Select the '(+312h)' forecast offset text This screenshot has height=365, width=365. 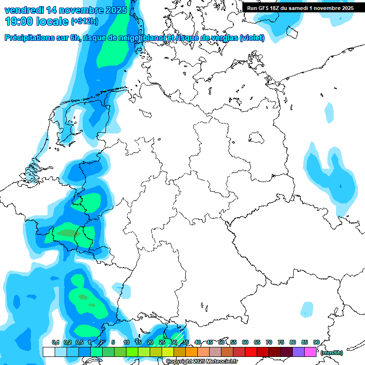85,21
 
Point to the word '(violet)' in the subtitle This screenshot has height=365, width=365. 252,38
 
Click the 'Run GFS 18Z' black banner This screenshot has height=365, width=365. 300,8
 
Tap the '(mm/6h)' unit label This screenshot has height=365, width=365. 331,353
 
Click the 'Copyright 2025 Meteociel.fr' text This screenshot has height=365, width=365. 202,362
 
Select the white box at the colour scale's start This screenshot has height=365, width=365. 48,352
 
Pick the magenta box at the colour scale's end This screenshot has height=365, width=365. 310,352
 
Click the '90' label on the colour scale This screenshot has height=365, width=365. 316,342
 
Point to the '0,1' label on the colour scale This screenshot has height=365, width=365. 55,342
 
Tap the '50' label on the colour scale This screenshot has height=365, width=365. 221,342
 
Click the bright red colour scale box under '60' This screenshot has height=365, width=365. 250,352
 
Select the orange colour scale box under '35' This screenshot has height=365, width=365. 191,352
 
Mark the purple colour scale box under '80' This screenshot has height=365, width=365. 298,352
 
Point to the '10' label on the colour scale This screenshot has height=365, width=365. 126,342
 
